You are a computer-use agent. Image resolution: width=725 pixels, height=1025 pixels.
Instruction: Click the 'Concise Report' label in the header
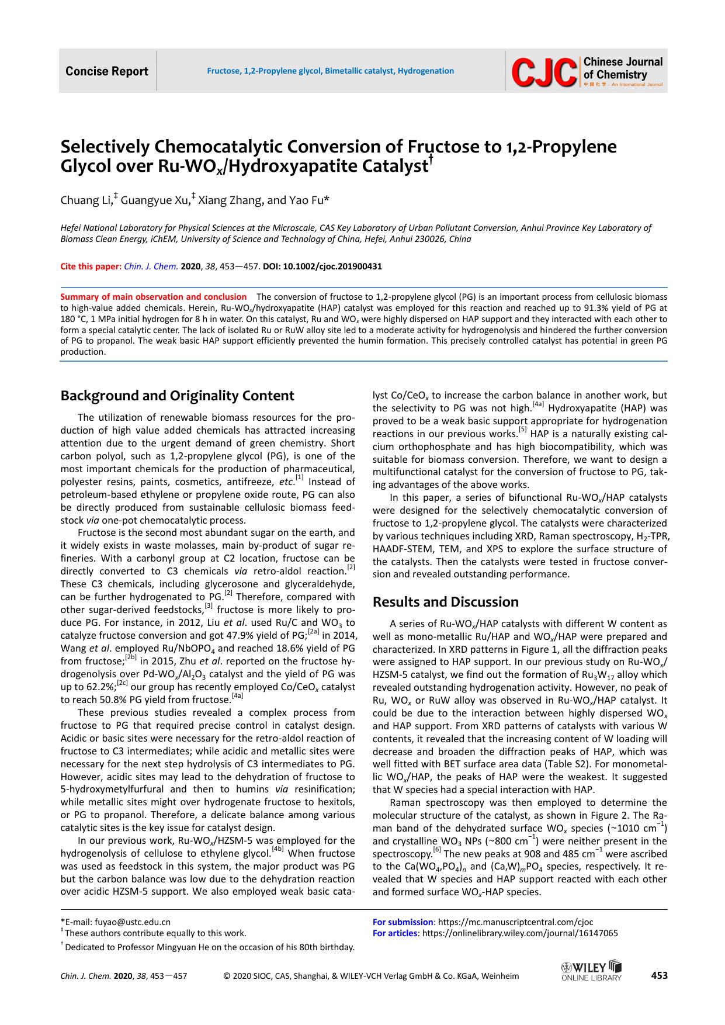tap(107, 71)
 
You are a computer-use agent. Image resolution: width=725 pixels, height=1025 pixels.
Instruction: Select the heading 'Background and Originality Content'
tap(177, 396)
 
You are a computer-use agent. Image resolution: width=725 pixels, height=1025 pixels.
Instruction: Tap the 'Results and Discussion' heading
tap(445, 602)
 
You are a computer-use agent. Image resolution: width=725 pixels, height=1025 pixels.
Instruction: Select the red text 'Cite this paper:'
tap(91, 266)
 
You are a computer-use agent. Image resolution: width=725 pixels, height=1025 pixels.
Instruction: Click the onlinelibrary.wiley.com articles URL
tap(519, 933)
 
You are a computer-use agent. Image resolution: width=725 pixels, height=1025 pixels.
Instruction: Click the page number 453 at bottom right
tap(659, 975)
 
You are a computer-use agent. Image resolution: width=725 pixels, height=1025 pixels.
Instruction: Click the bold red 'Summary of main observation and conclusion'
tap(154, 297)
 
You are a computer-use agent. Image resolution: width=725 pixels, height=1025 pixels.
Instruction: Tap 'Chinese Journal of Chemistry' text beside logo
tap(623, 68)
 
